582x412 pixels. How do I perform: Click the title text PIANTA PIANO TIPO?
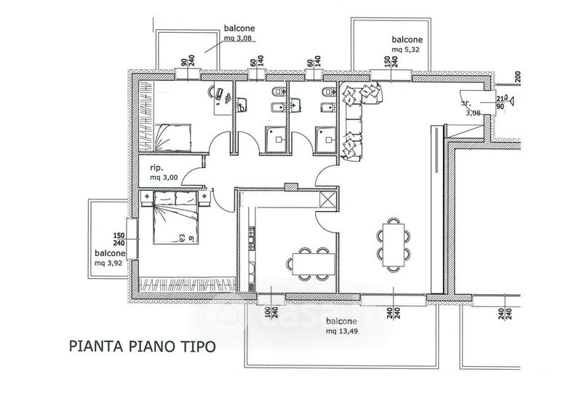pos(142,345)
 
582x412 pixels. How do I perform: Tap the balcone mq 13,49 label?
pos(340,326)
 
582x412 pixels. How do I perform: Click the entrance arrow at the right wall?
pos(511,101)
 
